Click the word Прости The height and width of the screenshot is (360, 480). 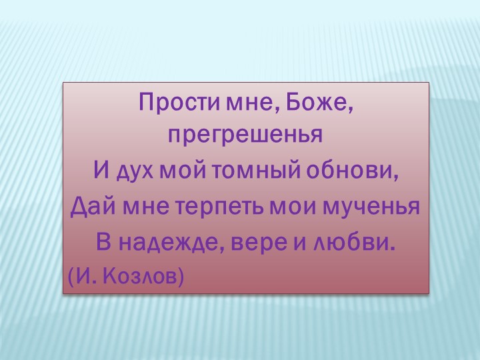point(170,103)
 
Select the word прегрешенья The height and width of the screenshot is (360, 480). point(245,137)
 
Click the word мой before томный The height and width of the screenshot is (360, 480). point(183,171)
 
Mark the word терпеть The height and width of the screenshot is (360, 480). point(220,207)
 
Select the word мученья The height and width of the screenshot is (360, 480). point(371,207)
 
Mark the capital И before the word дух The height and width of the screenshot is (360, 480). point(101,171)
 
